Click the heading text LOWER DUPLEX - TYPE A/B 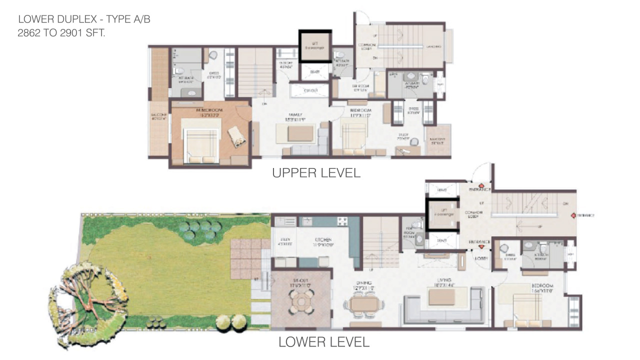(84, 19)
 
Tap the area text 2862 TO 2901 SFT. (61, 33)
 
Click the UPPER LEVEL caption (316, 173)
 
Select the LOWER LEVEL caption (323, 342)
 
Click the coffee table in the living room (442, 296)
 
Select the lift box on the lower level (442, 214)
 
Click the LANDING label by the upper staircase (433, 46)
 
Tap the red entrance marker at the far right (573, 216)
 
